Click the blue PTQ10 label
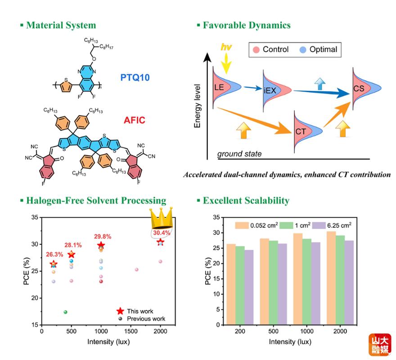(135, 77)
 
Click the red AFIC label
(135, 120)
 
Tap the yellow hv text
(226, 47)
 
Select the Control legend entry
(271, 49)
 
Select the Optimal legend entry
(318, 49)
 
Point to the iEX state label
(270, 90)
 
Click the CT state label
(301, 131)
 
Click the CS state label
(359, 88)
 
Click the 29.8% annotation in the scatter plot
(103, 236)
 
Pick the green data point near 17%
(65, 312)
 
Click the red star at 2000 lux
(160, 242)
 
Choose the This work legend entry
(135, 311)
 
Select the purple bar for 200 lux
(249, 287)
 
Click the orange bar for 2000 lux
(331, 278)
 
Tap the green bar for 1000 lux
(307, 282)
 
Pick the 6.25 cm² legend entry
(332, 225)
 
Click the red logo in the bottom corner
(380, 345)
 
